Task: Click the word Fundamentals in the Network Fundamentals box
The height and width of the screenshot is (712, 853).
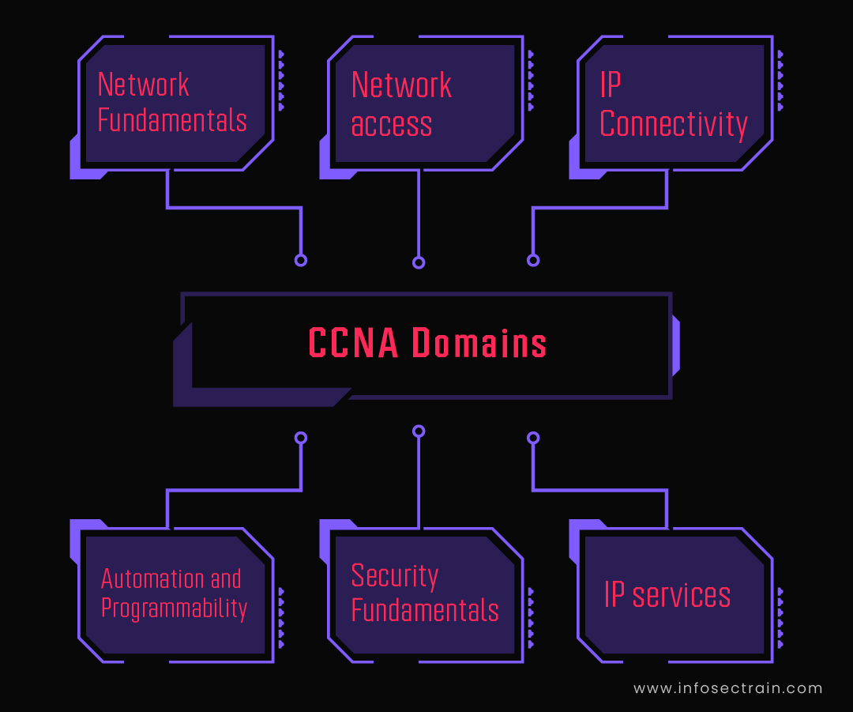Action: click(x=172, y=121)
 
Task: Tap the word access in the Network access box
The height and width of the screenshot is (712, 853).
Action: click(x=392, y=125)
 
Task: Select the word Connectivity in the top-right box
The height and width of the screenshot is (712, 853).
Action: click(x=674, y=125)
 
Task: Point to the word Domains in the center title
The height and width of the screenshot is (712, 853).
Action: click(x=480, y=344)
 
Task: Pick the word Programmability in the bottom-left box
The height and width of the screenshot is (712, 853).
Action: click(x=175, y=608)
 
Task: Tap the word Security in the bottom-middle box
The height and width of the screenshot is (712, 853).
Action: click(x=395, y=576)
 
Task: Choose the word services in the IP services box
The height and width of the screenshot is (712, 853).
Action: click(x=682, y=595)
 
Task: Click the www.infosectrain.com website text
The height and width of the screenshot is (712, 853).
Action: click(x=728, y=688)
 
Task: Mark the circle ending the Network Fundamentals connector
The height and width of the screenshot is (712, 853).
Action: click(x=300, y=260)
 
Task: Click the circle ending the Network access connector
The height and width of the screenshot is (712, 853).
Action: click(x=419, y=262)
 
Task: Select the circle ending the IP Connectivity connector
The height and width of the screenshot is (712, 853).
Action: click(x=533, y=260)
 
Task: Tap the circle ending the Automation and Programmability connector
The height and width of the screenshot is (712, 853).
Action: click(x=300, y=437)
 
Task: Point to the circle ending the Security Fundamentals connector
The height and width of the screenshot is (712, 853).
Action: click(x=419, y=431)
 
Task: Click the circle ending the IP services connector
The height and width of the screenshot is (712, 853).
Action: click(x=533, y=437)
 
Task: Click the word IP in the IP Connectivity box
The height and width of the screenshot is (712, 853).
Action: click(x=611, y=85)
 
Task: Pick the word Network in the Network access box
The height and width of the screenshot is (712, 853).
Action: click(x=401, y=85)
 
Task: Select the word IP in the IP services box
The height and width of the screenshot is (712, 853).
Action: click(x=614, y=595)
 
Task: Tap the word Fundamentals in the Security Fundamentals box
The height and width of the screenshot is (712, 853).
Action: click(x=425, y=611)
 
